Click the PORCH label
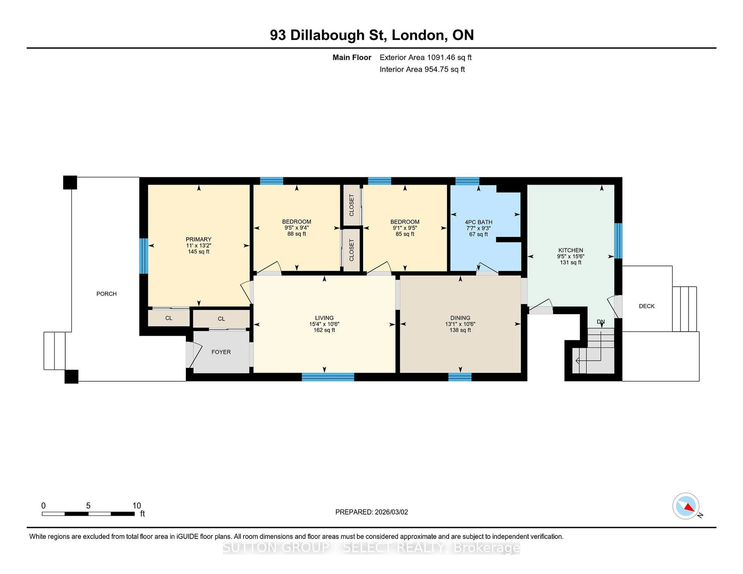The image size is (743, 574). pyautogui.click(x=106, y=294)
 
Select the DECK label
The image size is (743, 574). pyautogui.click(x=646, y=306)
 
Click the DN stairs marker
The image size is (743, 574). pyautogui.click(x=600, y=322)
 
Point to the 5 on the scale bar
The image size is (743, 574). pyautogui.click(x=88, y=506)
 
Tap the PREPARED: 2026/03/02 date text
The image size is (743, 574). pyautogui.click(x=371, y=512)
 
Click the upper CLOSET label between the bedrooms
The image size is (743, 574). pyautogui.click(x=351, y=205)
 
